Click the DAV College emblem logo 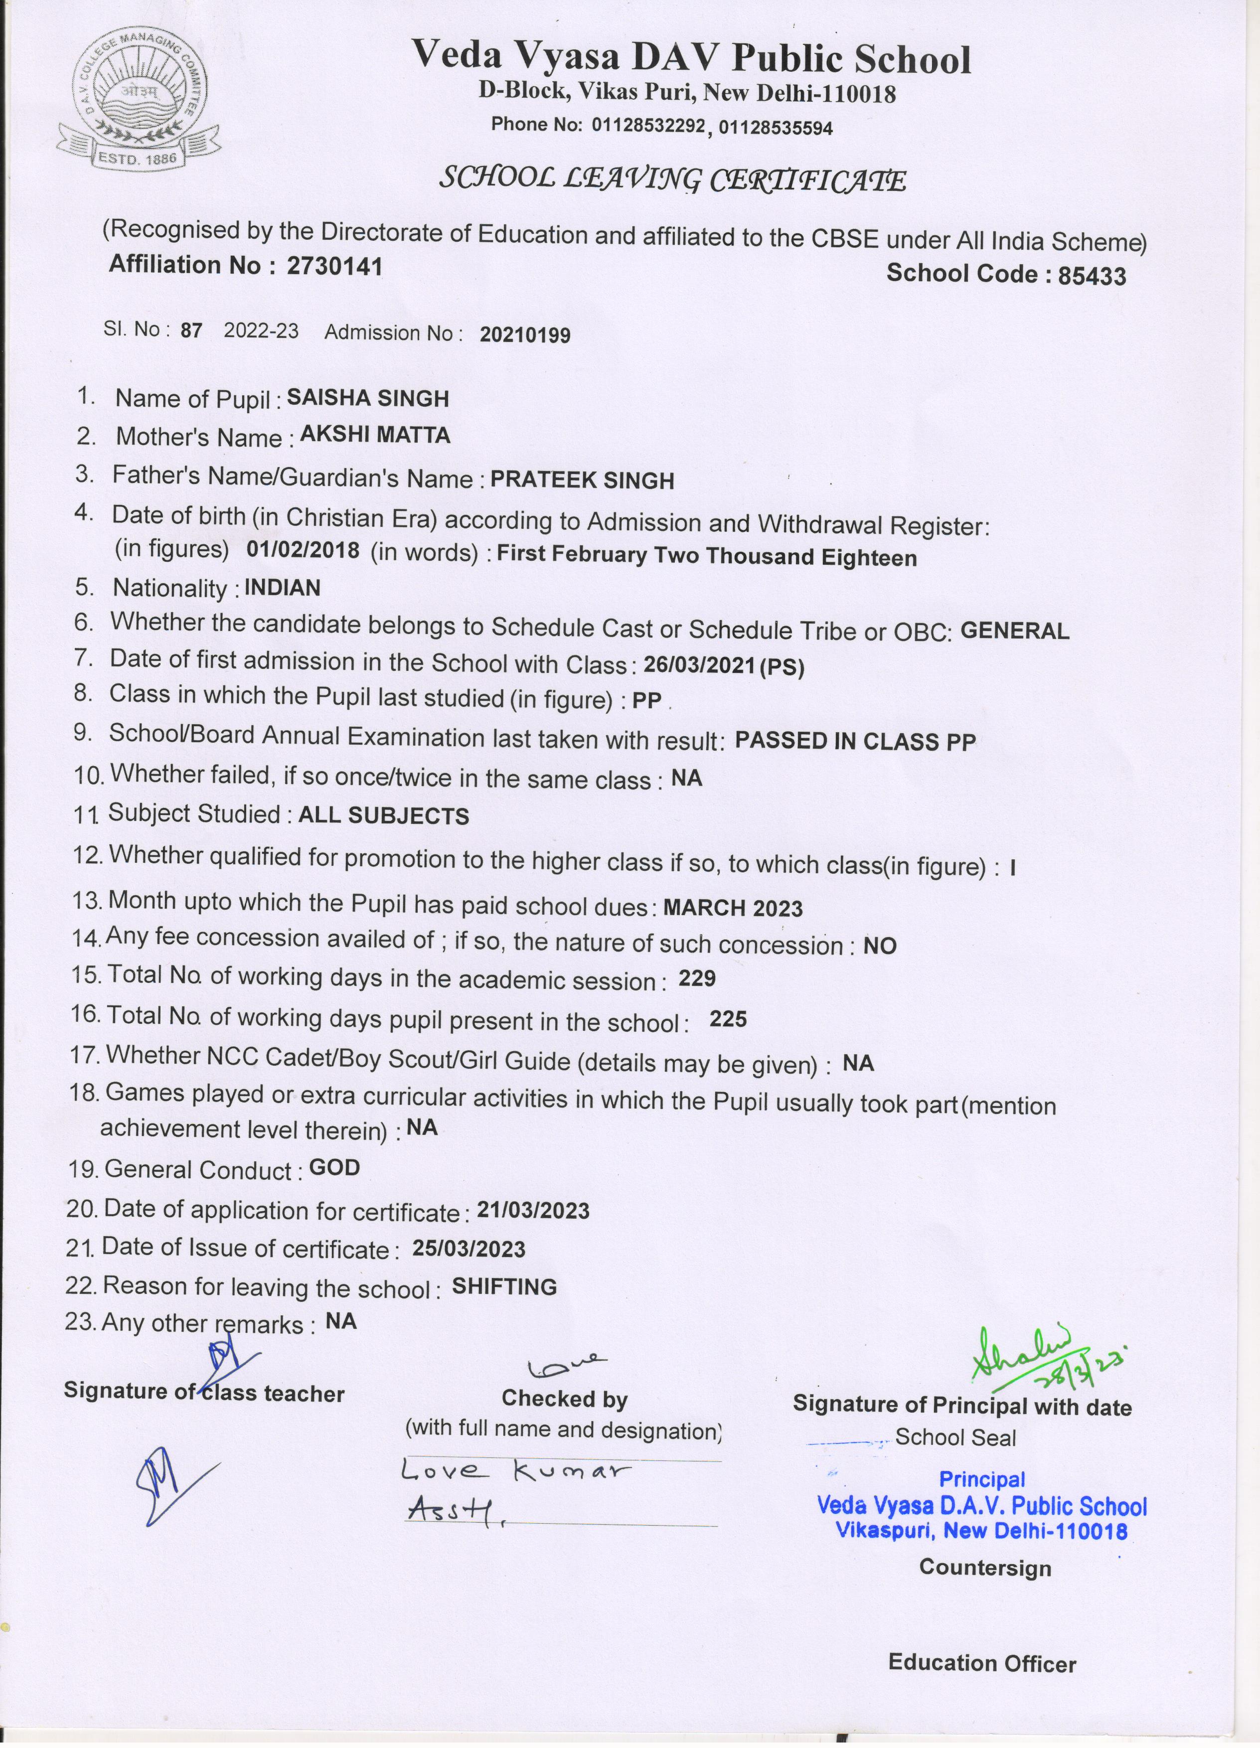(x=139, y=99)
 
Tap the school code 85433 (x=1092, y=275)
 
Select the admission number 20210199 (x=525, y=334)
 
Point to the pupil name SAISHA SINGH (x=368, y=398)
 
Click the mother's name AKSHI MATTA (x=375, y=436)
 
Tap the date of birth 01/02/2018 (x=303, y=550)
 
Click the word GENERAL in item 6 (x=1015, y=631)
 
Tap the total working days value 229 (x=697, y=979)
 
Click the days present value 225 (x=728, y=1020)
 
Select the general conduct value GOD (x=334, y=1168)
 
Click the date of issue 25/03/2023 (x=469, y=1249)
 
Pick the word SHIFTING (x=504, y=1286)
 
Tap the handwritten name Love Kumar (x=515, y=1471)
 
